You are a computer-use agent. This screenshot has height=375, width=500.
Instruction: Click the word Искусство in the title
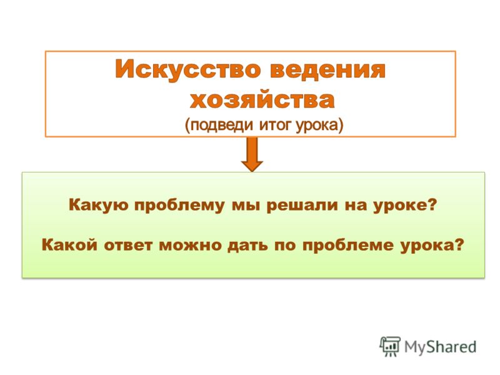188,69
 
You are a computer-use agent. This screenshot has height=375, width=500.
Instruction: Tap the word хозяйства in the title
262,100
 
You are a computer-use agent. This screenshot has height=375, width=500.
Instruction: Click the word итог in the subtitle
276,124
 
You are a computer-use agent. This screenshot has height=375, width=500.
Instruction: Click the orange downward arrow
252,154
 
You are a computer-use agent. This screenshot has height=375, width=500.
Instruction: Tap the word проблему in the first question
179,206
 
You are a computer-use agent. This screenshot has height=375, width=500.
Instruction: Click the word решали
302,205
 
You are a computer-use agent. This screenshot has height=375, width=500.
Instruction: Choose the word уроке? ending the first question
405,206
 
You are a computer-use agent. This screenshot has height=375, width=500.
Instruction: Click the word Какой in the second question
69,245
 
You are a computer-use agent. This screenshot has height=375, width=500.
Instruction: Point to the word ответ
128,246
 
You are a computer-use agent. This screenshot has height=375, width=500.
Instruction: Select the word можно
191,246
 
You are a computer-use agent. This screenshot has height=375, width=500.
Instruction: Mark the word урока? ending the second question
432,246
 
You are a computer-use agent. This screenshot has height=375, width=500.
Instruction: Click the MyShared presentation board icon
390,346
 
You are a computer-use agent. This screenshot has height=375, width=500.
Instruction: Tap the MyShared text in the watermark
441,347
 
